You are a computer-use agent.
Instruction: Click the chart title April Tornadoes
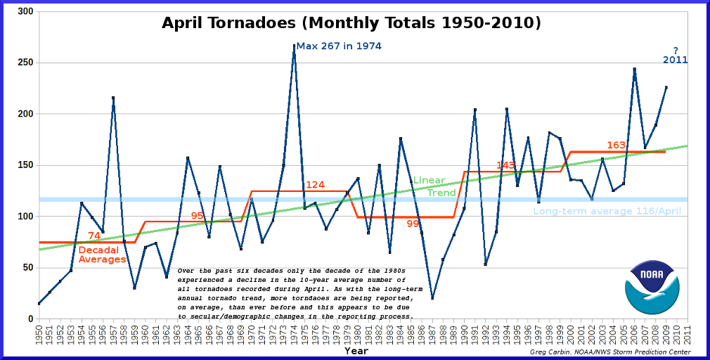(x=351, y=23)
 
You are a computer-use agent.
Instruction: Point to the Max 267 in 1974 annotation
(x=339, y=46)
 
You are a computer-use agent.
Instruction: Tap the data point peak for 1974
(x=294, y=46)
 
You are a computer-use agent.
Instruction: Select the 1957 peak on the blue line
(x=113, y=98)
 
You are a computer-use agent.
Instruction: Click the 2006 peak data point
(x=635, y=69)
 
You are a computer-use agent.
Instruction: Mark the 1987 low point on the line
(x=432, y=298)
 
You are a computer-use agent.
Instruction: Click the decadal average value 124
(x=315, y=185)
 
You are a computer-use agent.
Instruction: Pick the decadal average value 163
(x=617, y=146)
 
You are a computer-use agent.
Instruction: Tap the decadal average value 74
(x=94, y=236)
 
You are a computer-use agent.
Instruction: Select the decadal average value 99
(x=413, y=224)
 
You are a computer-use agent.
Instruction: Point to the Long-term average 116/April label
(x=607, y=211)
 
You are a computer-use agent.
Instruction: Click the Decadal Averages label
(x=102, y=255)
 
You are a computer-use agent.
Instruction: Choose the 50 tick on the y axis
(x=27, y=268)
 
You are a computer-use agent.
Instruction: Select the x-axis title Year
(x=356, y=350)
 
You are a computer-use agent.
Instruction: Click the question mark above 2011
(x=676, y=50)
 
